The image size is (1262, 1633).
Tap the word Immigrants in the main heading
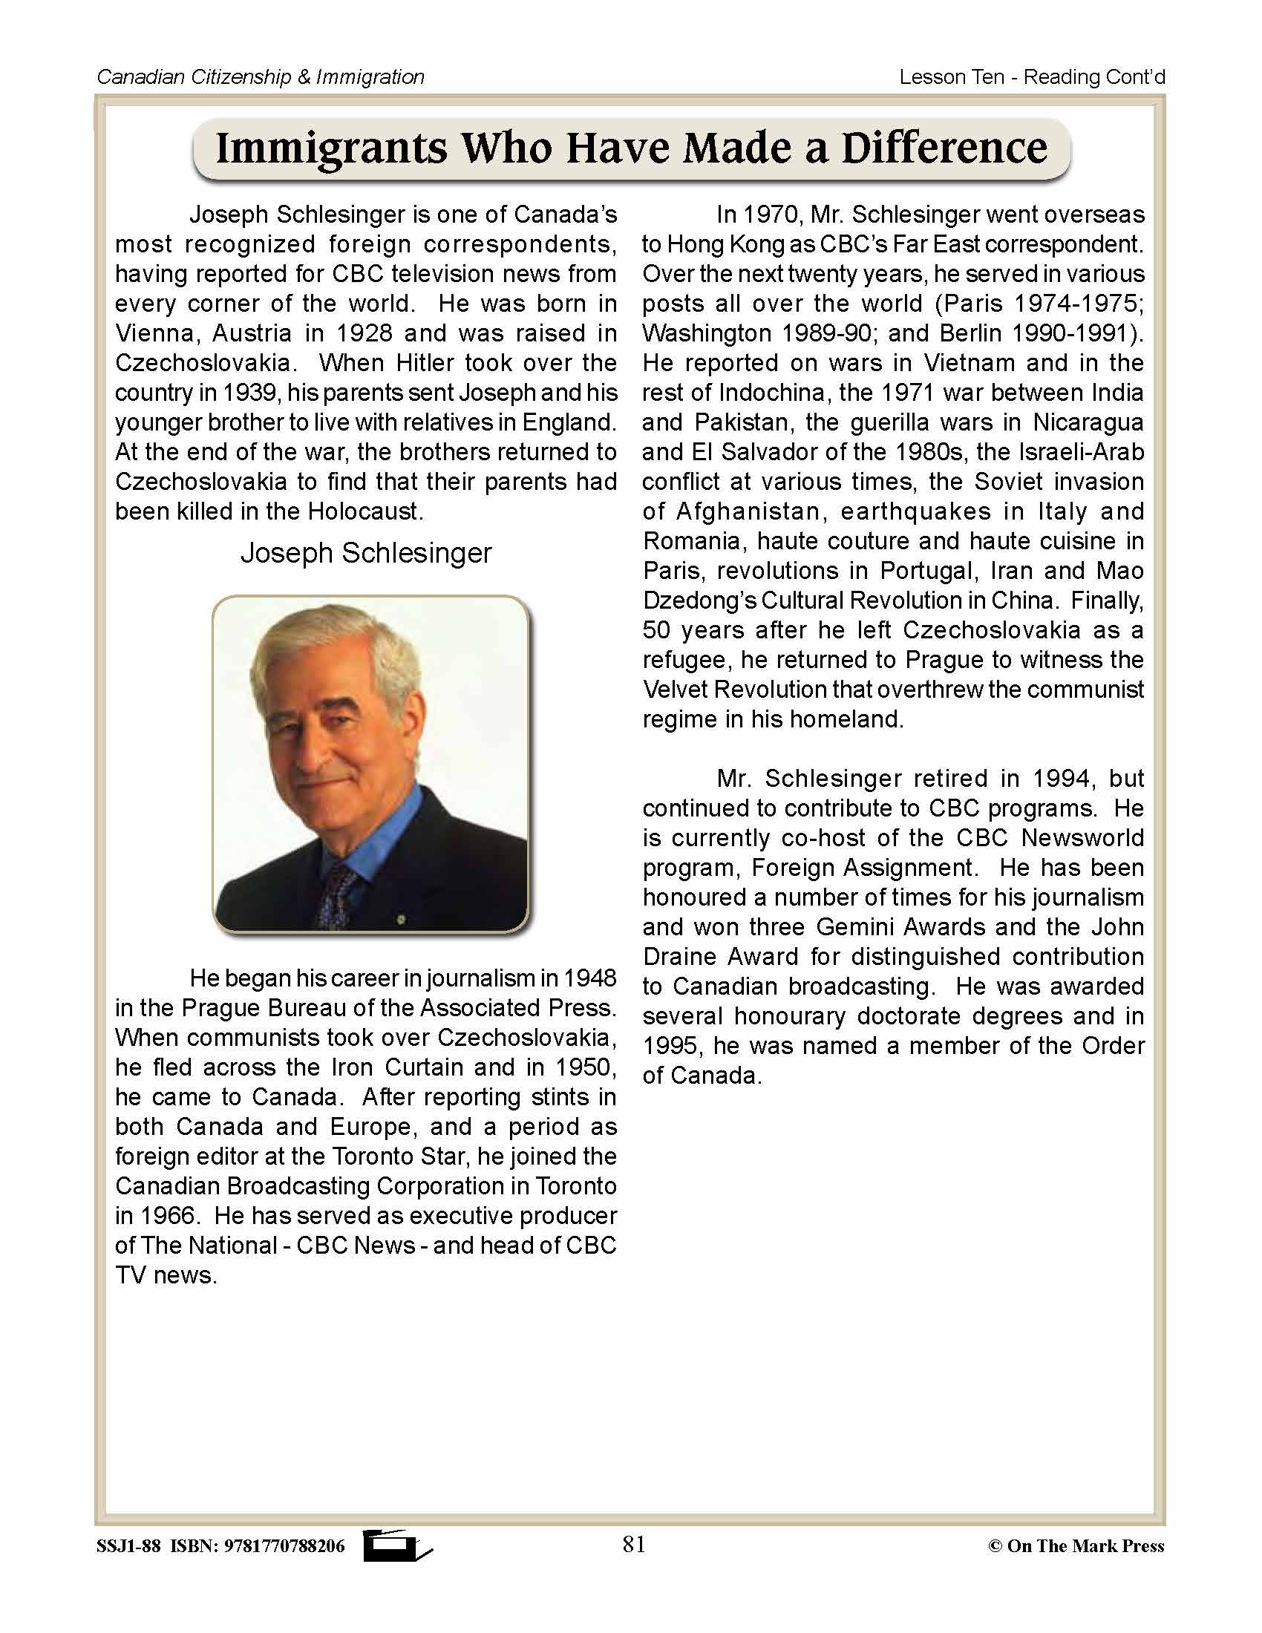coord(332,148)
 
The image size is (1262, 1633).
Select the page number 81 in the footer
coord(633,1544)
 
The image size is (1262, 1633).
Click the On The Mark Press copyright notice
coord(1076,1545)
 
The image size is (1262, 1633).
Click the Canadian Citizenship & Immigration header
coord(261,77)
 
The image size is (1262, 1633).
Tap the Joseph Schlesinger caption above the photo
coord(365,553)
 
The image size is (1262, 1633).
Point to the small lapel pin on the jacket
coord(401,919)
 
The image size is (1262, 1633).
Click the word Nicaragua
coord(1088,422)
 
